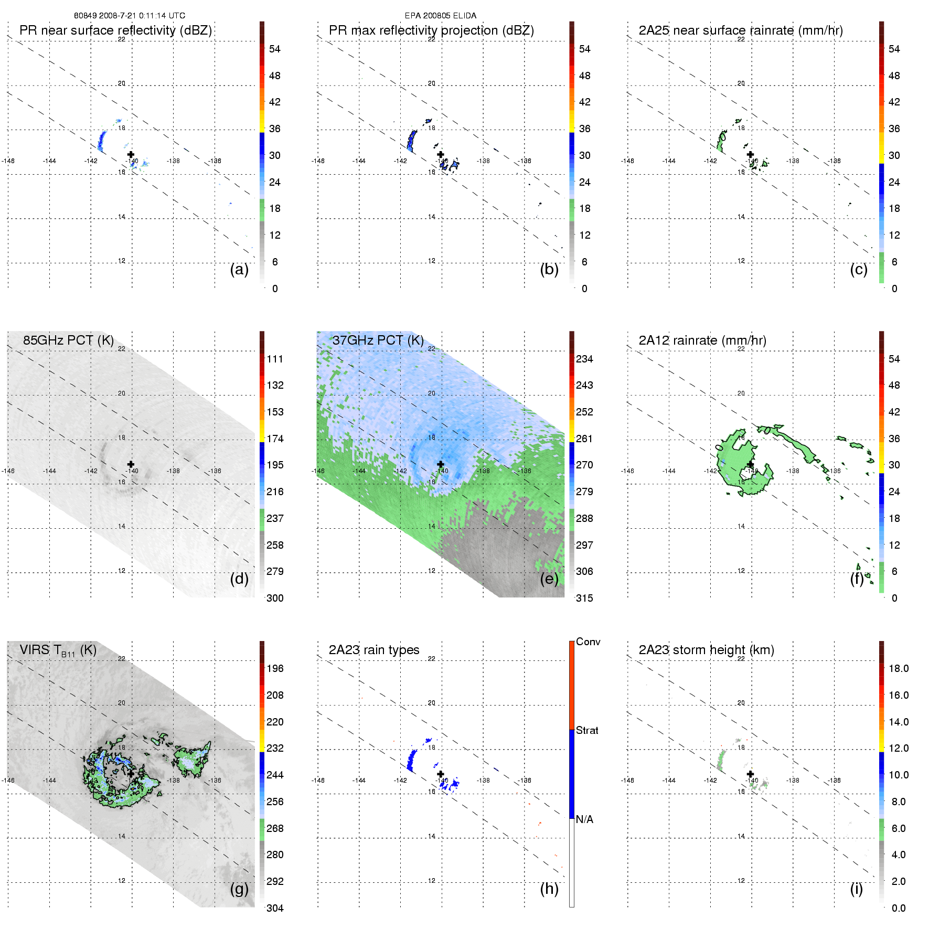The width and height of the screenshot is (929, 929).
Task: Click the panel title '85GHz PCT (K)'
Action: (x=68, y=340)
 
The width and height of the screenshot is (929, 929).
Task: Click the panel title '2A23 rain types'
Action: (x=373, y=650)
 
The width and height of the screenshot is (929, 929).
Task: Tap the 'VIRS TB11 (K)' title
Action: (x=58, y=650)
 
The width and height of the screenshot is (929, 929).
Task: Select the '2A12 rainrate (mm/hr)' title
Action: (x=702, y=340)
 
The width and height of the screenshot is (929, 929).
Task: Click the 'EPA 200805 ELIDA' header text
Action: (x=440, y=16)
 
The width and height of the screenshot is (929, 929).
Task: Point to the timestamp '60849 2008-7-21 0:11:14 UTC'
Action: (x=129, y=16)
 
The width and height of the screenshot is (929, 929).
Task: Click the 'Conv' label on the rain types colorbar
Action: (x=588, y=642)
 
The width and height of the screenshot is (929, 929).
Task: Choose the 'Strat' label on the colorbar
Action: (x=587, y=730)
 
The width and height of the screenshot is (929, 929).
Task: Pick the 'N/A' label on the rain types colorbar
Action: (x=584, y=819)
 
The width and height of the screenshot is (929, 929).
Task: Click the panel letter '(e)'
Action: (x=549, y=579)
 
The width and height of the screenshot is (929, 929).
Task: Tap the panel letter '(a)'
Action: (x=239, y=269)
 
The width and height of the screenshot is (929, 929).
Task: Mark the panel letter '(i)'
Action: (x=856, y=889)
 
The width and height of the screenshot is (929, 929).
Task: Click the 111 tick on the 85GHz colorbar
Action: (x=275, y=359)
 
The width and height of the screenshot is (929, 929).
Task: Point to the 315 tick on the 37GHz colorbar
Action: (x=584, y=598)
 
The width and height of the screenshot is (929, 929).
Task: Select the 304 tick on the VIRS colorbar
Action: (x=275, y=908)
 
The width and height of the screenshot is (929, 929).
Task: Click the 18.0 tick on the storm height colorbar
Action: (x=898, y=668)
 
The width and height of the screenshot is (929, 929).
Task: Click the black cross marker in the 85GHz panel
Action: (x=131, y=464)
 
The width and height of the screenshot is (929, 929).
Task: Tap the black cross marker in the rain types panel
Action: (x=441, y=774)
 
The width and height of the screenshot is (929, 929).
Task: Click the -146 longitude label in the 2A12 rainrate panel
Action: (x=627, y=471)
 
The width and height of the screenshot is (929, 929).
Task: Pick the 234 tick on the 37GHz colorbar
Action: (x=584, y=359)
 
